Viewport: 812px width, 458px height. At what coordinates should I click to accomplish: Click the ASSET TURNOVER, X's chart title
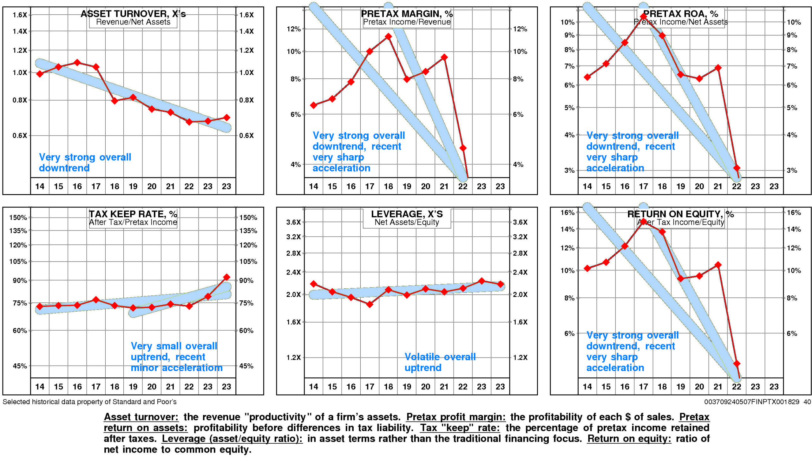coord(133,14)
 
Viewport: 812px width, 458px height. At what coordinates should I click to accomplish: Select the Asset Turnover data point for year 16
coord(77,63)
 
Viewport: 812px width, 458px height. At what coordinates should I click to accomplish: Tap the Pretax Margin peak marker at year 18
coord(388,37)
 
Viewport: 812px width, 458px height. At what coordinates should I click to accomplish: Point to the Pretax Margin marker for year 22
coord(463,148)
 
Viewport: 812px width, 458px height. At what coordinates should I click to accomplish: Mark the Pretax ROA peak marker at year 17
coord(644,17)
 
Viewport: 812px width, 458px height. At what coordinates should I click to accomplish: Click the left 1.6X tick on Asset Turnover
coord(19,15)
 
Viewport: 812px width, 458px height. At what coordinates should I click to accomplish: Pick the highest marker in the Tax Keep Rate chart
coord(226,277)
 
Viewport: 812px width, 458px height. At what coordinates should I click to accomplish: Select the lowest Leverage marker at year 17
coord(370,304)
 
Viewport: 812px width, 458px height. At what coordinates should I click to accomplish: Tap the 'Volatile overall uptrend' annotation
coord(440,362)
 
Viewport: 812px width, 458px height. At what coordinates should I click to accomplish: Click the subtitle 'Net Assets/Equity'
coord(407,222)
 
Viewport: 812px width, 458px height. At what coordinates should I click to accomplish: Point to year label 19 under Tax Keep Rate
coord(133,387)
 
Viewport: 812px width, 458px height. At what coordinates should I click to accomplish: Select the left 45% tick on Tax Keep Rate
coord(20,366)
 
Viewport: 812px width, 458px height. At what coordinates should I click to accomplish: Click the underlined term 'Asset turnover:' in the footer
coord(141,417)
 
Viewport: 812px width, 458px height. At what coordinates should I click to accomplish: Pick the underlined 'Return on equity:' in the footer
coord(629,439)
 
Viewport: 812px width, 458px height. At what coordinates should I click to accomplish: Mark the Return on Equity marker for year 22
coord(737,363)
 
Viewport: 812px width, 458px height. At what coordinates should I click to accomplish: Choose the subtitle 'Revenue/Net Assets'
coord(133,22)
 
